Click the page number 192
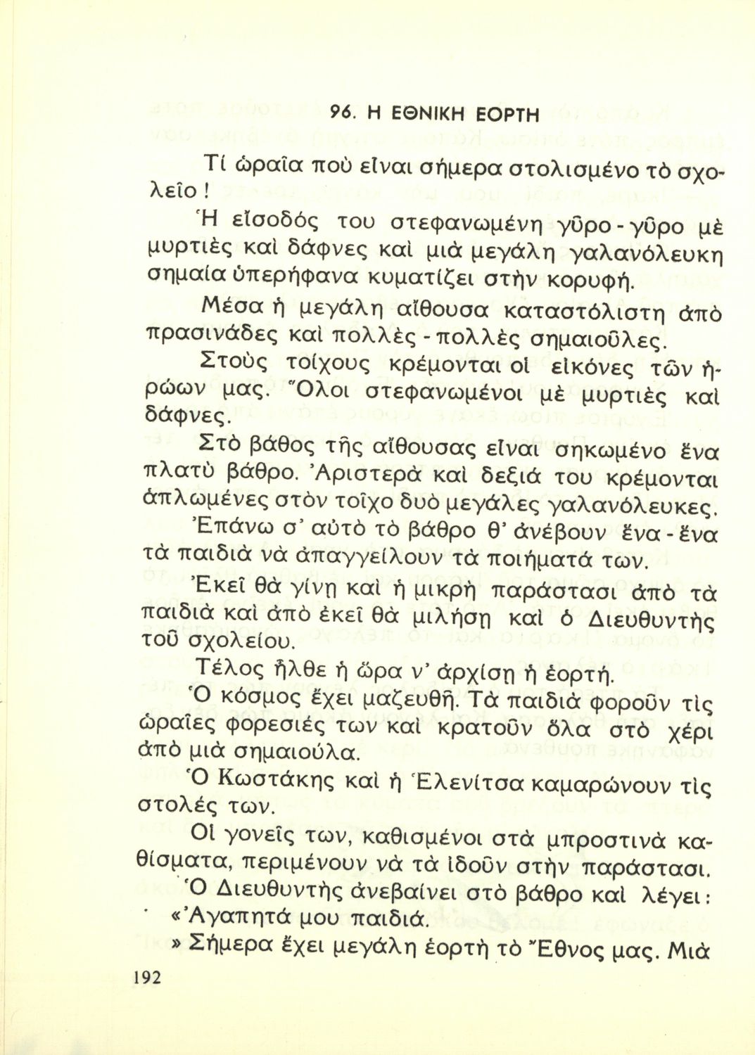(145, 977)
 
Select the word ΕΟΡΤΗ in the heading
(505, 113)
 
